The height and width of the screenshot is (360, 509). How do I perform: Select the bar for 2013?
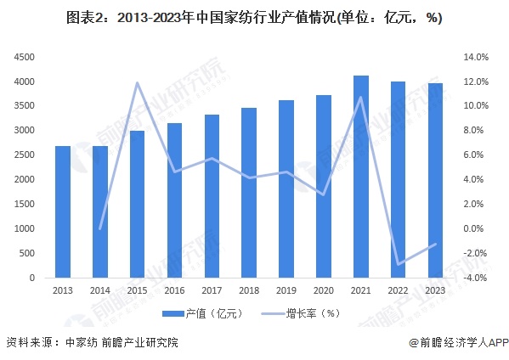[x=62, y=212]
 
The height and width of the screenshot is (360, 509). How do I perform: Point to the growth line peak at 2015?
[x=137, y=82]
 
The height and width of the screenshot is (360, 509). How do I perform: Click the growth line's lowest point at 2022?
[x=399, y=264]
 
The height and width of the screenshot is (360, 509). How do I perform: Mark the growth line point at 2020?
[x=324, y=194]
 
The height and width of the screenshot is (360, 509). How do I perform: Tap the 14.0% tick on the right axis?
[x=474, y=57]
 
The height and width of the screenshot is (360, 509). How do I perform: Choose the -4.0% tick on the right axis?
[x=474, y=278]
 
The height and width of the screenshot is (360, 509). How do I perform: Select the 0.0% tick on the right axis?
[x=474, y=229]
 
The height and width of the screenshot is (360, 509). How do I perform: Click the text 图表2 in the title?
[x=81, y=17]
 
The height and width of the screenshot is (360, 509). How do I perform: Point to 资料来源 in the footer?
[x=26, y=343]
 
